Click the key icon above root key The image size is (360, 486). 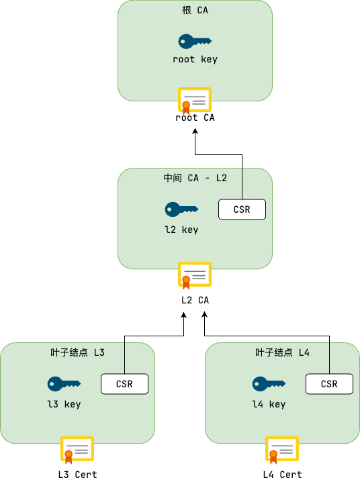(195, 42)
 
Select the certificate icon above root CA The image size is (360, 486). (195, 101)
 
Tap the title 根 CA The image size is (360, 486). (195, 11)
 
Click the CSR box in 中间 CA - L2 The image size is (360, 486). (242, 209)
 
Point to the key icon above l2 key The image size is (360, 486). (181, 209)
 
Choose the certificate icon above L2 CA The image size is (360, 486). (195, 275)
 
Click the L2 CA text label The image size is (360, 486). (195, 300)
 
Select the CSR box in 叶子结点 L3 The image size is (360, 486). (124, 384)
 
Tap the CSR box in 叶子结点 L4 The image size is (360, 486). (329, 384)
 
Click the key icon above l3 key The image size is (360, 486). (64, 384)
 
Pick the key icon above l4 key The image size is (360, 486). (269, 384)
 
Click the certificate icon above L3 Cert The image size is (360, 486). (77, 450)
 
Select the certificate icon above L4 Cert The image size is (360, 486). (282, 450)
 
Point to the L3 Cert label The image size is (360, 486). (77, 475)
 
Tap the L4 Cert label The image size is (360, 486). (282, 475)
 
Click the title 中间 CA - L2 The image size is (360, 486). (195, 178)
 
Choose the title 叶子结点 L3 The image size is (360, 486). (77, 352)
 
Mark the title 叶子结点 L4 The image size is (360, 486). (282, 352)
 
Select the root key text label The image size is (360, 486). (195, 59)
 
